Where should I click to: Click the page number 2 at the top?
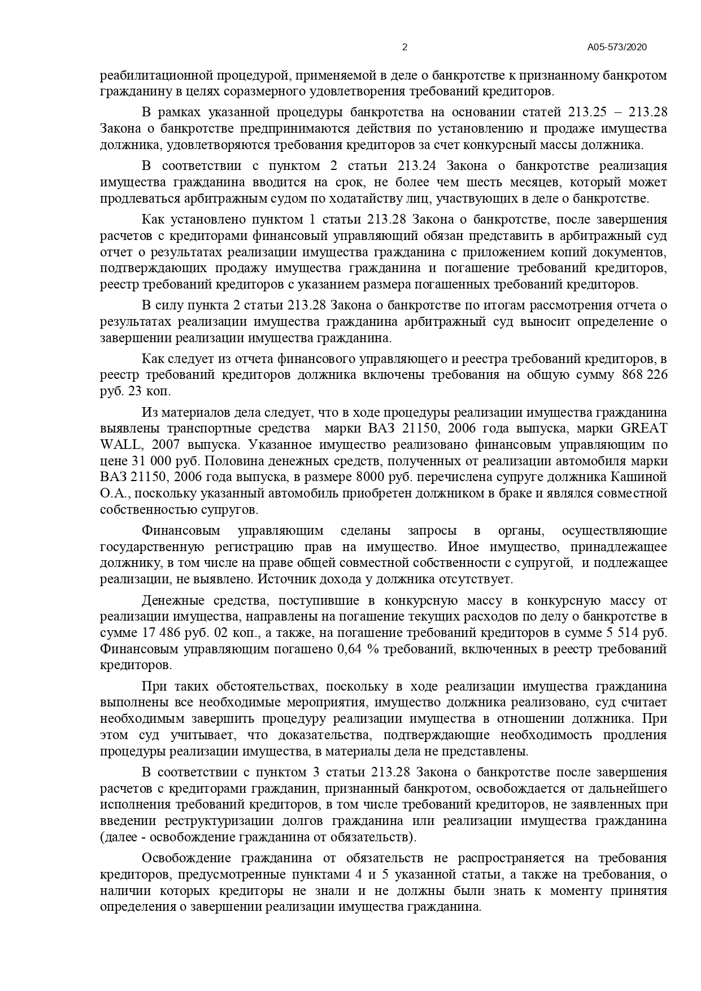[404, 47]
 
